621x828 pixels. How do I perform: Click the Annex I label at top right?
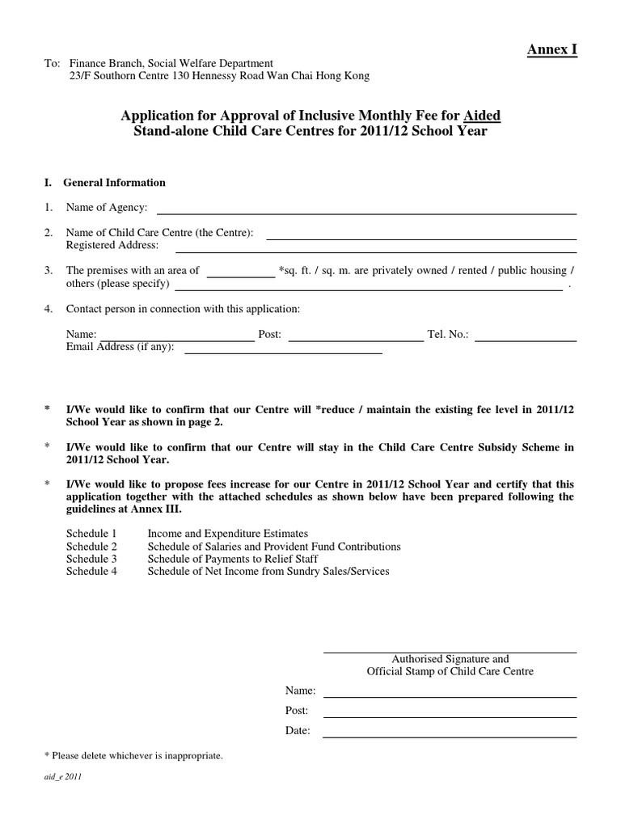(x=552, y=50)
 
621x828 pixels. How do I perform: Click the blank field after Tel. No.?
(x=526, y=340)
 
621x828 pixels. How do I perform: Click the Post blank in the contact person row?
(x=356, y=340)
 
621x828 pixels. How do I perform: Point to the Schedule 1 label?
(x=91, y=534)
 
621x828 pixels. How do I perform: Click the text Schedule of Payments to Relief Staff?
(x=233, y=559)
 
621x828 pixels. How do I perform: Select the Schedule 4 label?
(x=91, y=572)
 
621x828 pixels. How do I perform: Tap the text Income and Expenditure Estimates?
(x=228, y=534)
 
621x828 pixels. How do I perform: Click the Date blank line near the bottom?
(x=450, y=735)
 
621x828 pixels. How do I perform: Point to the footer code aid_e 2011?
(x=63, y=777)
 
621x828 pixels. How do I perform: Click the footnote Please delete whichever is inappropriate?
(x=133, y=756)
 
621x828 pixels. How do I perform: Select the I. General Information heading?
(x=105, y=183)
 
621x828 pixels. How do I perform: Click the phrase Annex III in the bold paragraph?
(x=159, y=509)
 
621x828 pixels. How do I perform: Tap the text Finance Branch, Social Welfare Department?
(x=171, y=64)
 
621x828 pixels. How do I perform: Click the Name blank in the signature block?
(x=450, y=695)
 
